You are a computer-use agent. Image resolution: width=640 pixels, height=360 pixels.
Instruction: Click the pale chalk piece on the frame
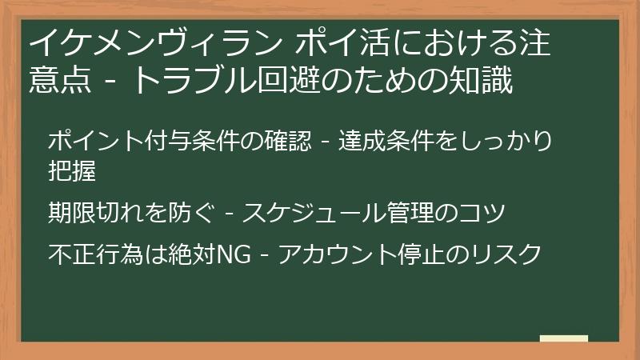563,338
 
